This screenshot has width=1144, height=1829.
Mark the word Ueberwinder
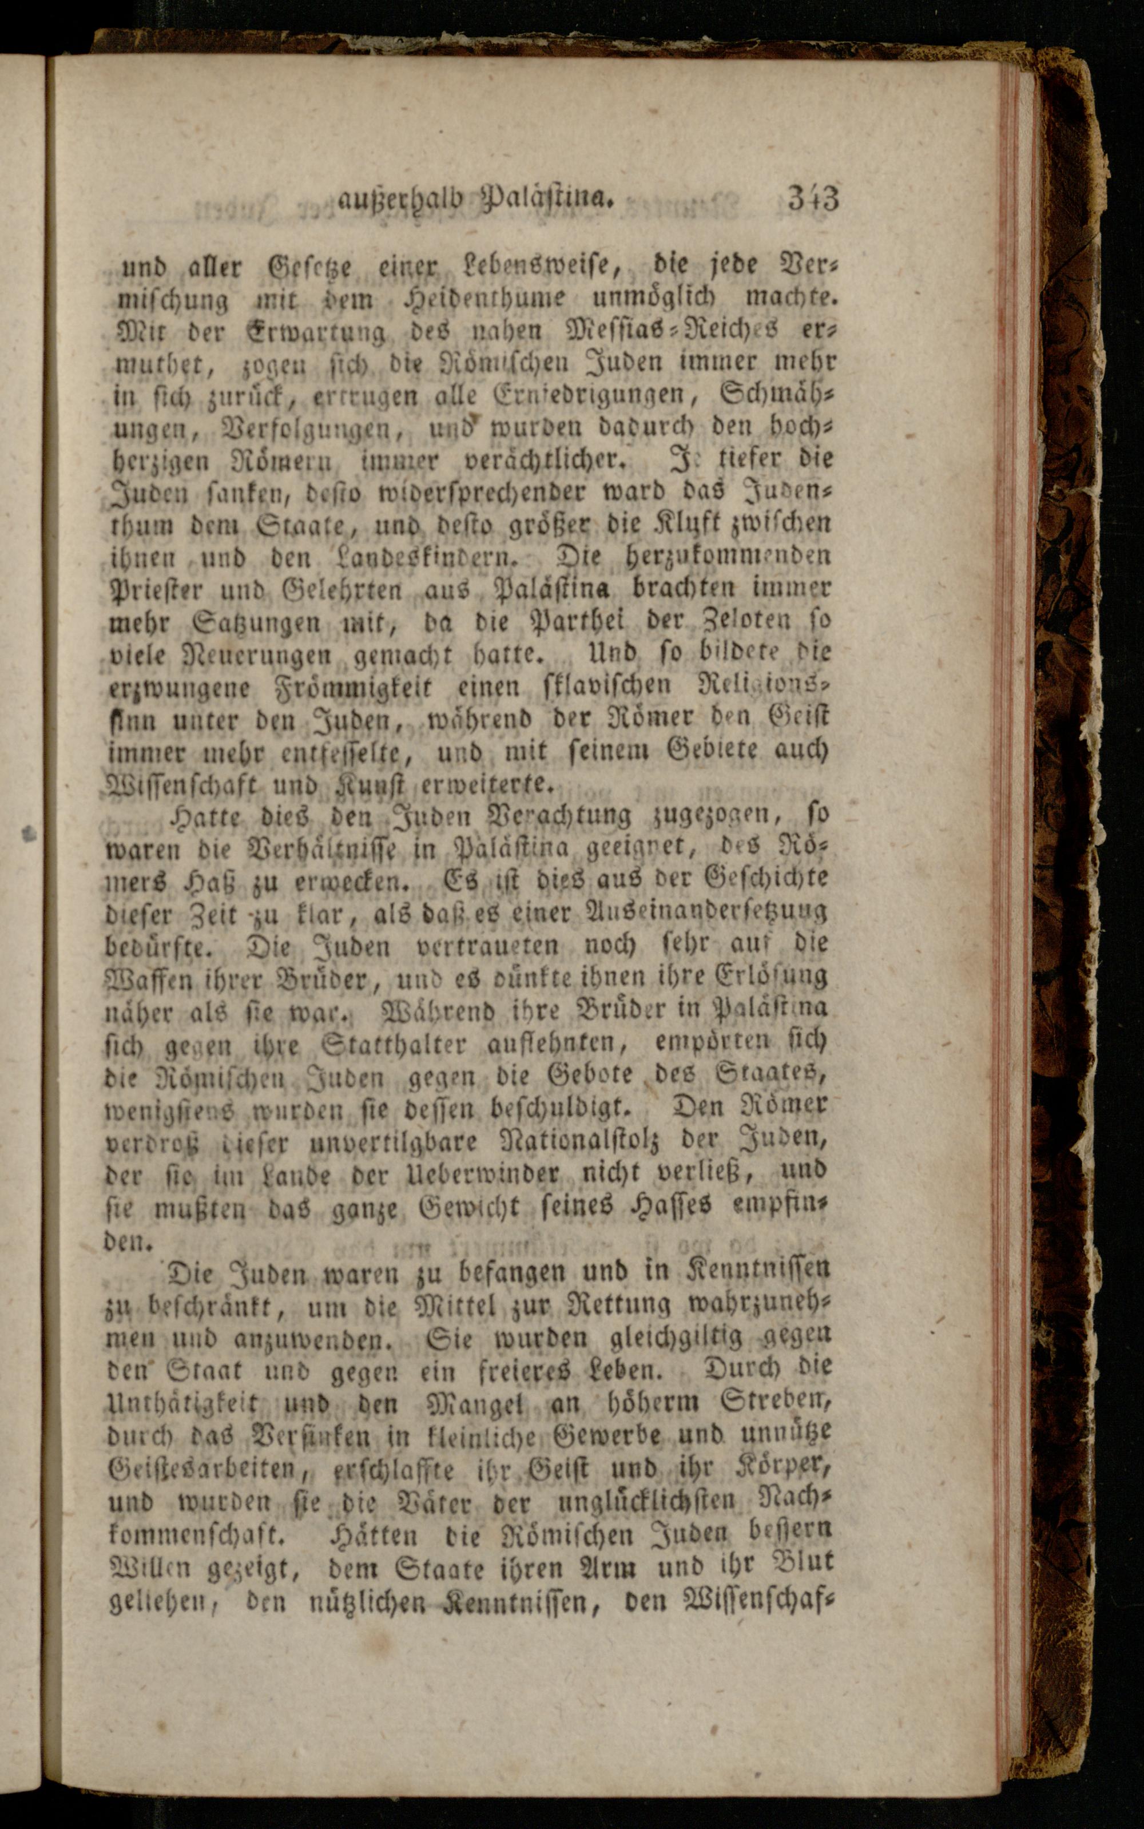pos(495,1174)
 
